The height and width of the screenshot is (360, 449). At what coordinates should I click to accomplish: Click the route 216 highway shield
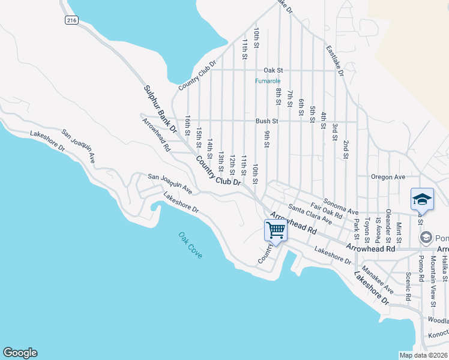click(73, 20)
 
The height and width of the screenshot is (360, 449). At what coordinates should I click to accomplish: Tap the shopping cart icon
click(276, 230)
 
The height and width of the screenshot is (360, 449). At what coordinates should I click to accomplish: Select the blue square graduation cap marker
click(422, 199)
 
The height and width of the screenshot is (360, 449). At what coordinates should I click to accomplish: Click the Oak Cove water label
click(190, 245)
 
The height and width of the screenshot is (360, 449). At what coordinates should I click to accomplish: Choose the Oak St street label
click(273, 70)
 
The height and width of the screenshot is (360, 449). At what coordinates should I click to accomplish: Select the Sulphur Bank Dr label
click(160, 109)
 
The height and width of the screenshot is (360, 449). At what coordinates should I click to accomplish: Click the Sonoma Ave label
click(340, 207)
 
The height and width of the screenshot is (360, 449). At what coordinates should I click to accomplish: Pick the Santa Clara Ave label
click(310, 214)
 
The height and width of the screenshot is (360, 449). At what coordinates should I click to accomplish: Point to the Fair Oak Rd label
click(327, 211)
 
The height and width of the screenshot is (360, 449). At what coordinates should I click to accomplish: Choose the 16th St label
click(188, 126)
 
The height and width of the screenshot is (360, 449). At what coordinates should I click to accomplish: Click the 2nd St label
click(346, 149)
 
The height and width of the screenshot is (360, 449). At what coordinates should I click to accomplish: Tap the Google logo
click(20, 353)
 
